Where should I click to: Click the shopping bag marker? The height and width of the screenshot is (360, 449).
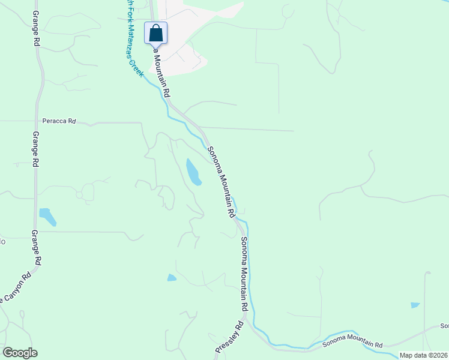[x=156, y=33]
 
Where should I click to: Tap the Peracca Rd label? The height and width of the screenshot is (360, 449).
[x=63, y=121]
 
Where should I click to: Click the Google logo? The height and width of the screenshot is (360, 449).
[x=20, y=353]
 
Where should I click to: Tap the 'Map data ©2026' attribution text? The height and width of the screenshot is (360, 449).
[x=423, y=355]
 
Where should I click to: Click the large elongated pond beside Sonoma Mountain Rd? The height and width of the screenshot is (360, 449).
[x=193, y=172]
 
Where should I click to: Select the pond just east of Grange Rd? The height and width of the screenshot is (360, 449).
[x=47, y=217]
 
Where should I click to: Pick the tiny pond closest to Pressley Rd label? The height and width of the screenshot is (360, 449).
[x=172, y=277]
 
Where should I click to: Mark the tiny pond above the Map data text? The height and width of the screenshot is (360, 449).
[x=415, y=305]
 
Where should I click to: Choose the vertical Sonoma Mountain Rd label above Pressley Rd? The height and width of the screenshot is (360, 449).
[x=244, y=273]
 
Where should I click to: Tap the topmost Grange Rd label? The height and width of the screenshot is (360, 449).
[x=37, y=29]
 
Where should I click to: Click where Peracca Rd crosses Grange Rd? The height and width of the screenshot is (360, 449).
[x=37, y=121]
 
